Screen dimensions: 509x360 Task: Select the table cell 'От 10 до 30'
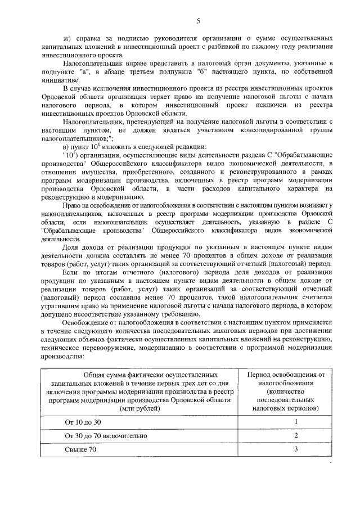(84, 421)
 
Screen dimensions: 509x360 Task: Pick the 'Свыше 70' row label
(81, 449)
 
